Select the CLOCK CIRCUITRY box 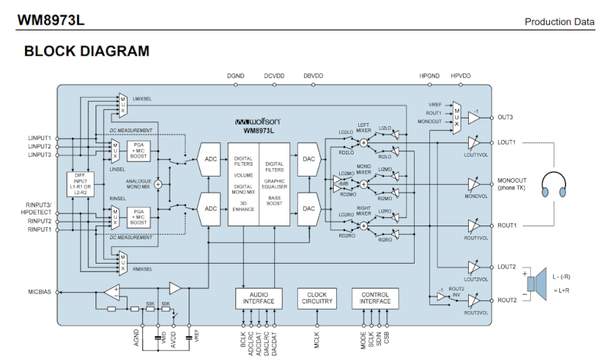click(317, 298)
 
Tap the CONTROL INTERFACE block click(375, 298)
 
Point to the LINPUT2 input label click(40, 146)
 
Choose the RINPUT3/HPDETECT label click(38, 209)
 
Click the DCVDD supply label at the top click(274, 76)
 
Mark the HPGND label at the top click(430, 76)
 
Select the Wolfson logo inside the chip click(259, 122)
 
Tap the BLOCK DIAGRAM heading click(86, 51)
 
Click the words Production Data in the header click(559, 21)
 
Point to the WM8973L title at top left click(50, 21)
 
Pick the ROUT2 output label click(507, 300)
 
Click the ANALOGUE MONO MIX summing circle click(158, 184)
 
